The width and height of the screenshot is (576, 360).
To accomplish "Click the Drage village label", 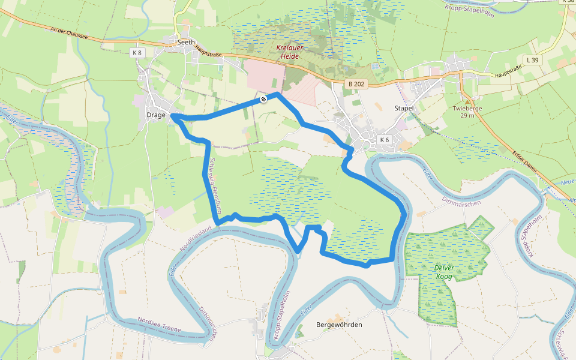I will pyautogui.click(x=155, y=115).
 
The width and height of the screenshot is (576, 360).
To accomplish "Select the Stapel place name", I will pyautogui.click(x=404, y=108).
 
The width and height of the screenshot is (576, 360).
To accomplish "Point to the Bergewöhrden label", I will pyautogui.click(x=339, y=325).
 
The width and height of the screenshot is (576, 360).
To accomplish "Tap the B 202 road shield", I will pyautogui.click(x=356, y=85).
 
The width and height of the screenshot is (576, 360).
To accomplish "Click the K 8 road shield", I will pyautogui.click(x=137, y=53).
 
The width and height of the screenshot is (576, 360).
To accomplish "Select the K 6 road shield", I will pyautogui.click(x=385, y=140).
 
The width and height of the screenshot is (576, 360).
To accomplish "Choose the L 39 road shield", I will pyautogui.click(x=532, y=60).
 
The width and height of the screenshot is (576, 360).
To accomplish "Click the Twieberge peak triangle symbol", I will pyautogui.click(x=467, y=100).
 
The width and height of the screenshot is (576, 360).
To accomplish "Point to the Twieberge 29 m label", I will pyautogui.click(x=467, y=112).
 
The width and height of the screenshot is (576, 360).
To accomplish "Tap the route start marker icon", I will pyautogui.click(x=263, y=99).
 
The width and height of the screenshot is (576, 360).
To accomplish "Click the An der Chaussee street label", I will pyautogui.click(x=70, y=32).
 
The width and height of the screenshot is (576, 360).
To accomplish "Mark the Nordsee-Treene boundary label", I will pyautogui.click(x=158, y=321).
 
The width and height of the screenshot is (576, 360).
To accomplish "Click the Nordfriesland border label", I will pyautogui.click(x=196, y=239).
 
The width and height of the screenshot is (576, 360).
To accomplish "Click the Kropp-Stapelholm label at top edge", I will pyautogui.click(x=470, y=10).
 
